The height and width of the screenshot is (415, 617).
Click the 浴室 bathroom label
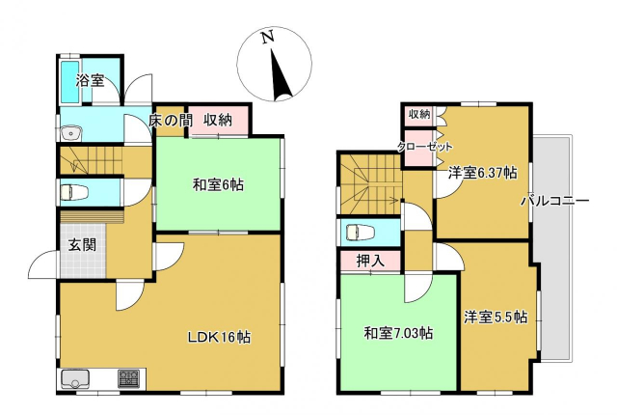(x=90, y=81)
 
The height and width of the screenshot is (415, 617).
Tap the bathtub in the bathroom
(x=70, y=82)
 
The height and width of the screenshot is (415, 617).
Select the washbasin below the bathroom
(x=71, y=133)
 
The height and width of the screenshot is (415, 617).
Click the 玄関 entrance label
(x=82, y=245)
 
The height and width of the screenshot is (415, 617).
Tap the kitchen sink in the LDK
(x=74, y=378)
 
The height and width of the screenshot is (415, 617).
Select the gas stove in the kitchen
(x=128, y=378)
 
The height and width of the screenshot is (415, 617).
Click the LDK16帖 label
(x=220, y=337)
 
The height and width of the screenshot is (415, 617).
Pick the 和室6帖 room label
(x=218, y=184)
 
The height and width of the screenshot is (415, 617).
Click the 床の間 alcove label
(x=170, y=121)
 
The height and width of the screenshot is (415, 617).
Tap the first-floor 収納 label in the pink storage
(x=218, y=120)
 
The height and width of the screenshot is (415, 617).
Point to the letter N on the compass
(x=268, y=37)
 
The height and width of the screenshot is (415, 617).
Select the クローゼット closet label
(x=424, y=147)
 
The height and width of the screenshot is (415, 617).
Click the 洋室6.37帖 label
(x=483, y=173)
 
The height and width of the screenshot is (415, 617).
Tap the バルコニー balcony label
(x=555, y=201)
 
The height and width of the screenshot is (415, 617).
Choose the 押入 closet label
(x=370, y=261)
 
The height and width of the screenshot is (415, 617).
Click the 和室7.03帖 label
(x=398, y=334)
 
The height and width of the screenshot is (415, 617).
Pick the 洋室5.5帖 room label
(x=496, y=317)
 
